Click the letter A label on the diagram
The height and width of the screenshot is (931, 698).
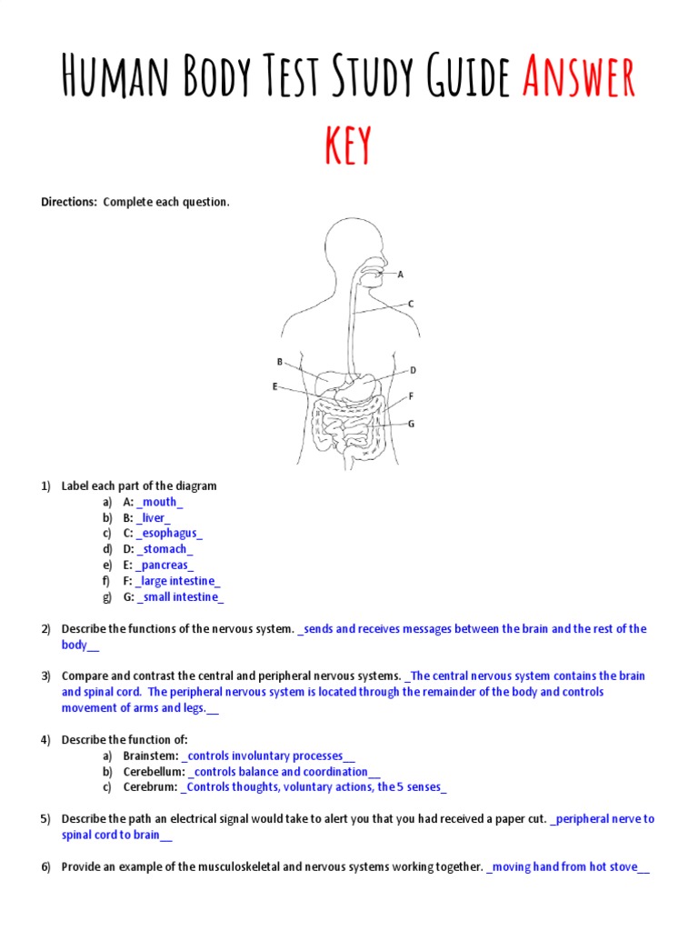[401, 274]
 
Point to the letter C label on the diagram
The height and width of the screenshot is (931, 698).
[411, 304]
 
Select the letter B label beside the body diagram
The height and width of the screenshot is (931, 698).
[280, 361]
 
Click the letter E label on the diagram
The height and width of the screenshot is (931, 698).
[274, 386]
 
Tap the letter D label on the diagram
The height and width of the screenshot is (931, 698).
[413, 370]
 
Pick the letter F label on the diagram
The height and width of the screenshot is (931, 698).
[411, 396]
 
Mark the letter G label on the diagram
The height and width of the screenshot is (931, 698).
[411, 424]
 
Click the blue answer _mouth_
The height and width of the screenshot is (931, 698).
[160, 502]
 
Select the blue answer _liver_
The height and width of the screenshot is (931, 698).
[153, 517]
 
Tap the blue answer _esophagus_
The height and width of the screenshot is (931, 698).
[169, 534]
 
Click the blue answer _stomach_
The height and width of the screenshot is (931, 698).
[165, 549]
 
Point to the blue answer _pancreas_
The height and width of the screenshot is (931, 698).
[165, 566]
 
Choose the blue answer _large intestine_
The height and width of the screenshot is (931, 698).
[178, 581]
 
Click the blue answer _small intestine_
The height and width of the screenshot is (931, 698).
[180, 597]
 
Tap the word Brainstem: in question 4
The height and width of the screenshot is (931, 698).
[150, 756]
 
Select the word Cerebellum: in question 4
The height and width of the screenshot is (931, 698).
[153, 772]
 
